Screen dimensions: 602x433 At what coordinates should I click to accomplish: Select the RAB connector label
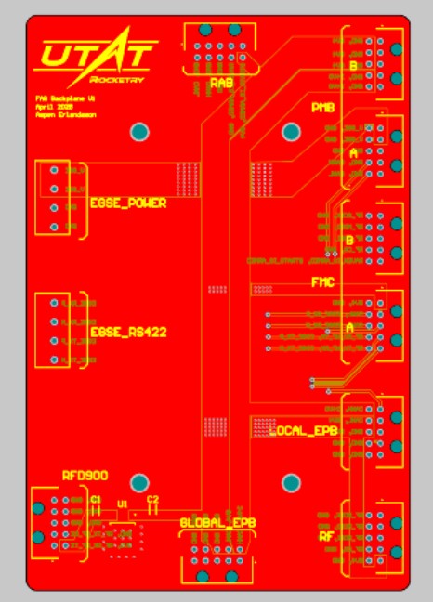(x=221, y=84)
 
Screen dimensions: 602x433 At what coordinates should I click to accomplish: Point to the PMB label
(x=322, y=108)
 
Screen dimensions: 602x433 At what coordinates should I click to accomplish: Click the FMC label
(x=322, y=281)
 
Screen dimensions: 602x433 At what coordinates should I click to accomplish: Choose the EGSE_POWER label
(x=128, y=203)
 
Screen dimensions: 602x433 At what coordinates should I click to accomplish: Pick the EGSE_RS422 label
(x=128, y=332)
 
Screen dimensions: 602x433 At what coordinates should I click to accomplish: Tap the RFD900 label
(x=85, y=475)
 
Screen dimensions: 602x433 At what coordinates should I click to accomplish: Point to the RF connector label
(x=326, y=536)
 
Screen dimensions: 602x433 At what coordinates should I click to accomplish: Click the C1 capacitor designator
(x=96, y=500)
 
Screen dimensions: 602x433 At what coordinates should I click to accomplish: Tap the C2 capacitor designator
(x=153, y=500)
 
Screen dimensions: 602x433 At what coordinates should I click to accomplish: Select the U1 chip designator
(x=122, y=504)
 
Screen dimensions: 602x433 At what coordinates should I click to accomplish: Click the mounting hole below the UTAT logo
(x=139, y=132)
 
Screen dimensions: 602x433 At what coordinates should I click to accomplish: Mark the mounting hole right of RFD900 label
(x=139, y=482)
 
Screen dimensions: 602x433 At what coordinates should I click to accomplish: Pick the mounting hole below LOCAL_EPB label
(x=291, y=481)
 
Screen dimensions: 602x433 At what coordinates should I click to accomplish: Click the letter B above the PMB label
(x=353, y=67)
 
